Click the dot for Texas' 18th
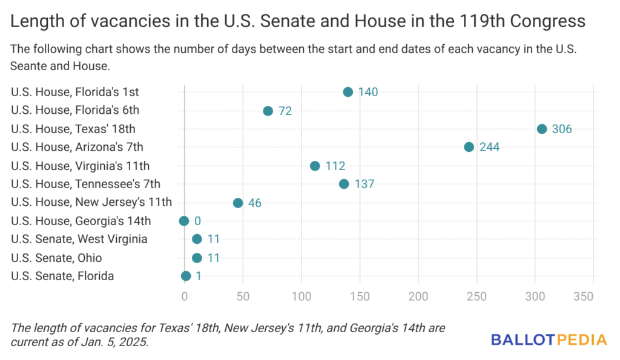[x=542, y=129]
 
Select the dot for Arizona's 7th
[x=469, y=147]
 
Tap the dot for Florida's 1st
[x=348, y=92]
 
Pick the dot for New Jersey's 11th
[x=238, y=203]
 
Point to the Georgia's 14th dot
[x=184, y=221]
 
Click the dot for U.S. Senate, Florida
[x=186, y=276]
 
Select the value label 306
[x=561, y=129]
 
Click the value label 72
[x=285, y=111]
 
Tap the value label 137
[x=364, y=184]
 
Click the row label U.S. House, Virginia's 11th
[x=80, y=166]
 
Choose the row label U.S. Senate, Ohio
[x=56, y=258]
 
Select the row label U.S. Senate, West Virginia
[x=79, y=239]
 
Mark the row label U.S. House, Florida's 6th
[x=75, y=111]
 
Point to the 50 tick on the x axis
[x=243, y=296]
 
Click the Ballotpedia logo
[x=549, y=339]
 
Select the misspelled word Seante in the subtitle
[x=30, y=65]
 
